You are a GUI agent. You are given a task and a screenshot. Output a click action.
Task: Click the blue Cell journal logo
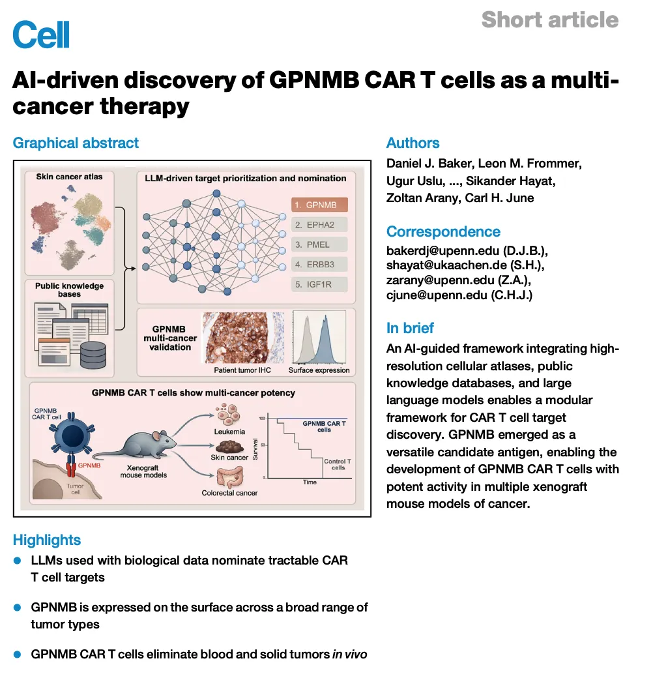tap(41, 35)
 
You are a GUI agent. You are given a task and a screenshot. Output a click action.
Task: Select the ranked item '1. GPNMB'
tap(319, 205)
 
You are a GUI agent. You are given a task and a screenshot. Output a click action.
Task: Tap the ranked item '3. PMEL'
tap(319, 244)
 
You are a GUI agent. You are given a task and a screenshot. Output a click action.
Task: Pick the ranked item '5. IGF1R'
tap(319, 284)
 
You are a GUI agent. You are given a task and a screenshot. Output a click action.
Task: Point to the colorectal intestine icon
tap(230, 477)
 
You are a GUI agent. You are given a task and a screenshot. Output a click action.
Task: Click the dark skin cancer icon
tap(229, 447)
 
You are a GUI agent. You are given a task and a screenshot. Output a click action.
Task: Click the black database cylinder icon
tap(93, 355)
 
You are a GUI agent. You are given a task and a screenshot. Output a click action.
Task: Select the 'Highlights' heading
tap(47, 540)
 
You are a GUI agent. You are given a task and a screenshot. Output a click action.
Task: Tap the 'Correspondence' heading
tap(443, 232)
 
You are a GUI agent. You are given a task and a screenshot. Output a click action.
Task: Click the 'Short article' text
tap(550, 20)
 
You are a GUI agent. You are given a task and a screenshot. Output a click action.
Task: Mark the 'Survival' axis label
tap(255, 449)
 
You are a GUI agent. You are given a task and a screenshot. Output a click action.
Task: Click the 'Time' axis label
tap(310, 482)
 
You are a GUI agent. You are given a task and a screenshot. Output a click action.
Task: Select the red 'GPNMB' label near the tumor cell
tap(89, 465)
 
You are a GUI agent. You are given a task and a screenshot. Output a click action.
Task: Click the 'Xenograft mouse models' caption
tap(143, 471)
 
